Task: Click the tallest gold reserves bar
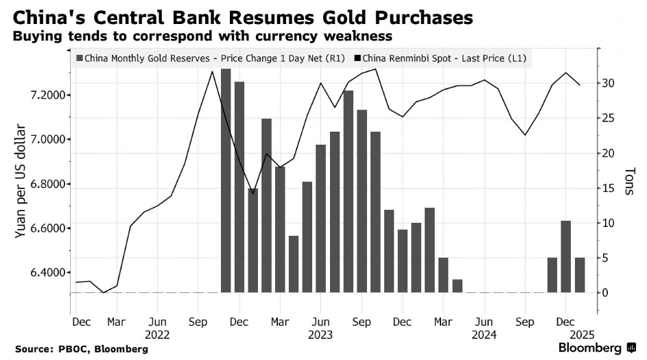coord(226,180)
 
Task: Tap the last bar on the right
coord(580,275)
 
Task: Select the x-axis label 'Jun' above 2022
coord(157,321)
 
